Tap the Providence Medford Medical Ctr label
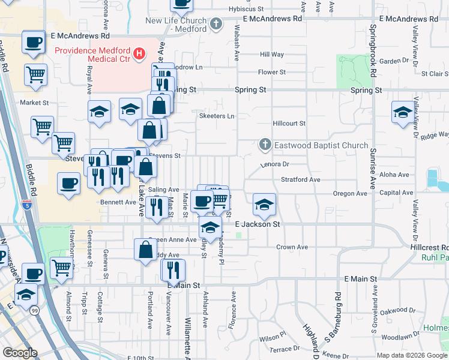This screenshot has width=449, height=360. (x=93, y=51)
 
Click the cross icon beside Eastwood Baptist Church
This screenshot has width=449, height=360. (x=265, y=145)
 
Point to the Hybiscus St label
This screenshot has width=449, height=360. (x=246, y=9)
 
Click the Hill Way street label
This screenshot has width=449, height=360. (x=272, y=55)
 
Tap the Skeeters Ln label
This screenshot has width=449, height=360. (x=217, y=116)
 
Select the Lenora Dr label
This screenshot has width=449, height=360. (x=275, y=163)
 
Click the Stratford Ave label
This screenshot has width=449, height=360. (x=301, y=179)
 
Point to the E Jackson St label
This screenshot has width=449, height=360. (x=258, y=224)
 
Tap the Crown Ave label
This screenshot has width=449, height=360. (x=292, y=247)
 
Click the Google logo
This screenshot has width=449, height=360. (x=20, y=353)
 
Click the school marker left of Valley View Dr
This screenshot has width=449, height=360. (x=403, y=112)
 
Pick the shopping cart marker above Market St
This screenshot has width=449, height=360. (x=36, y=75)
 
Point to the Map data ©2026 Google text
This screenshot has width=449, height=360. (x=412, y=355)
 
